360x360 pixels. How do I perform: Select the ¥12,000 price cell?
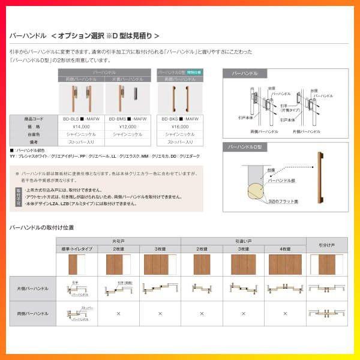[128, 127]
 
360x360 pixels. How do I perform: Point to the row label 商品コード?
[34, 119]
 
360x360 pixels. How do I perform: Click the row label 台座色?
[34, 135]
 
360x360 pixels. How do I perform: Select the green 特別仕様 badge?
[194, 72]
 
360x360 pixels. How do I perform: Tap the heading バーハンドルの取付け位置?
[42, 228]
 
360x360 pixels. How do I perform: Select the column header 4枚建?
[284, 248]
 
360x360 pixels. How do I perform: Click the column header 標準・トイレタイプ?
[76, 248]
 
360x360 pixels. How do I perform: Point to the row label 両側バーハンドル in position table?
[34, 313]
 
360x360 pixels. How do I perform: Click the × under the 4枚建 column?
[284, 313]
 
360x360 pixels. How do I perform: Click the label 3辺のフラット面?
[283, 202]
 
